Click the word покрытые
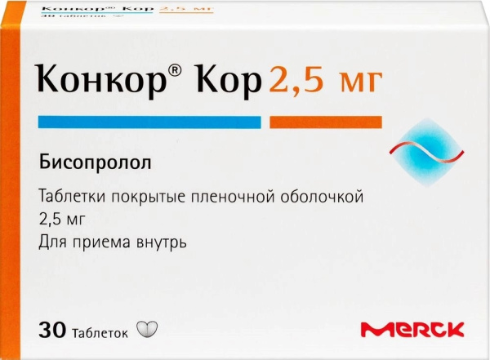142,198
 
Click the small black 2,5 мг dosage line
62,220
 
